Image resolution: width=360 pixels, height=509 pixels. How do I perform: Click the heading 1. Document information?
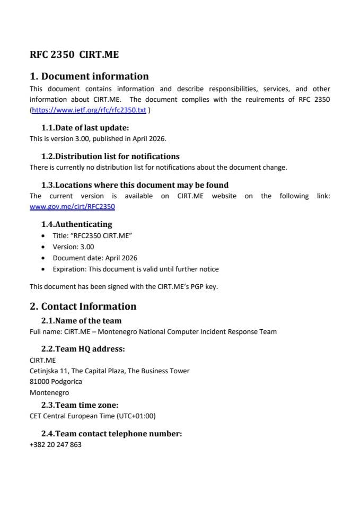coord(89,76)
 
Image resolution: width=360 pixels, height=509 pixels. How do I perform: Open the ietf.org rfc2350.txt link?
coord(89,110)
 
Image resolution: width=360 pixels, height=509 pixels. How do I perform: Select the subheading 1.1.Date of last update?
coord(85,128)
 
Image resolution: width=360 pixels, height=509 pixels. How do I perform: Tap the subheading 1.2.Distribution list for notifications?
coord(110,156)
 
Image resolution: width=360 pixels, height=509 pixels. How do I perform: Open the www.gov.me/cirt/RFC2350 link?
coord(72,207)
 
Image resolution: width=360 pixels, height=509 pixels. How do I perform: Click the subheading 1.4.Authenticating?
coord(76,224)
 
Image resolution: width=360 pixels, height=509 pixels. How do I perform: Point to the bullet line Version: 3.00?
coord(73,247)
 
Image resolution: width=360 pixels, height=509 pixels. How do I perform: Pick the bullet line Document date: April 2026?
coord(95,258)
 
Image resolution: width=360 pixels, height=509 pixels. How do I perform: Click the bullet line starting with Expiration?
coord(135,269)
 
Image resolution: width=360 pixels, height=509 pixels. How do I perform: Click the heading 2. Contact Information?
coord(83,306)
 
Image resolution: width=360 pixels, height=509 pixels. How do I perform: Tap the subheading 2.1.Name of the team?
coord(81,321)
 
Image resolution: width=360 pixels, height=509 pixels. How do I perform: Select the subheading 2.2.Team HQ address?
coord(83,349)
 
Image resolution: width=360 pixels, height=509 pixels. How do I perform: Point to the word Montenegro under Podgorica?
coord(49,393)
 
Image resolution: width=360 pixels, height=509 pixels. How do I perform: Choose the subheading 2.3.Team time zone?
coord(80,405)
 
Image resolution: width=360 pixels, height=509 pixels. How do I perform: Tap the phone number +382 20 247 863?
coord(56,445)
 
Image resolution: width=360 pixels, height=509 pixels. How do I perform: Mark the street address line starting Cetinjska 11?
coord(109,371)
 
